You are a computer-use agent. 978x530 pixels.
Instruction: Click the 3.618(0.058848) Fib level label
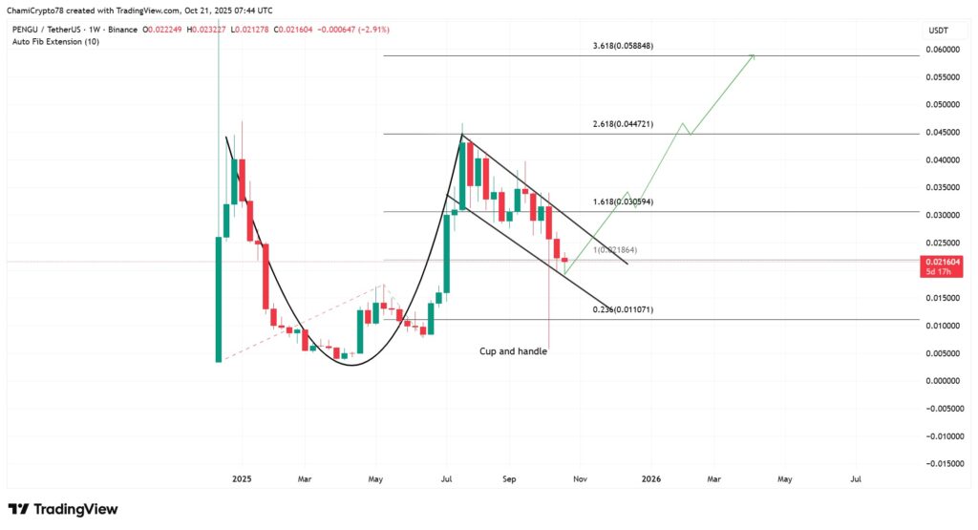coord(623,46)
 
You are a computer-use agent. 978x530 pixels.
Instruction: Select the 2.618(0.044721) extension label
coord(623,124)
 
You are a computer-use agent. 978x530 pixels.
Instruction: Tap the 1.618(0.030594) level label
coord(623,202)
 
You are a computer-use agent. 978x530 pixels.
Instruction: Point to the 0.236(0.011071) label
coord(623,309)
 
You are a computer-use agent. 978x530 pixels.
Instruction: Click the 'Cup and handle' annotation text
coord(514,351)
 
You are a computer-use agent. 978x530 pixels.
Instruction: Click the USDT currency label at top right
coord(938,32)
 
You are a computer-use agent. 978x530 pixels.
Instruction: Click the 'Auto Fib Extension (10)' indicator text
coord(55,42)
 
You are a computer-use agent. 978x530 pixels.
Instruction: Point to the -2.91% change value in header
coord(373,31)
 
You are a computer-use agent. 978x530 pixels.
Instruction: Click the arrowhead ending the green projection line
coord(755,55)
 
